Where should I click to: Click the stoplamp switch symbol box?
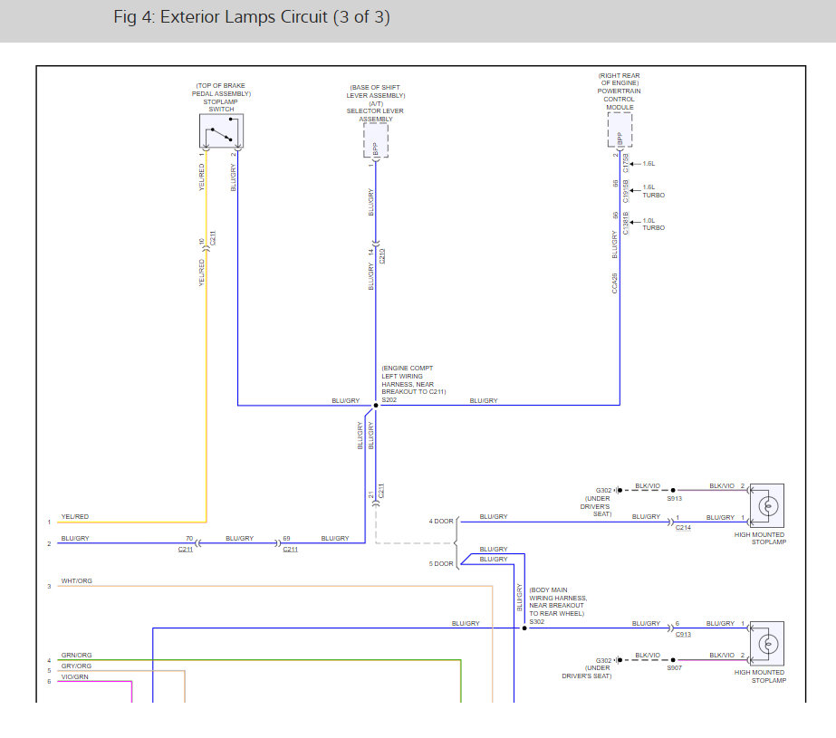coord(221,131)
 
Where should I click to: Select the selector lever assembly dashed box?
coord(376,140)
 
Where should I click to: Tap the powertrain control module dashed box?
coord(620,129)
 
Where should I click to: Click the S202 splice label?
coord(389,399)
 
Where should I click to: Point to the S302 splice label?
coord(537,620)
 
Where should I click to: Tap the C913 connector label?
coord(683,634)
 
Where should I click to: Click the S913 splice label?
coord(675,498)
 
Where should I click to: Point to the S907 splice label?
coord(674,667)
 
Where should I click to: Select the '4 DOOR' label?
coord(441,521)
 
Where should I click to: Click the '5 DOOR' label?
coord(441,563)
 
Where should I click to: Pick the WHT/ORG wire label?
coord(76,580)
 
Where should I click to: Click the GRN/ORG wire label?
coord(76,655)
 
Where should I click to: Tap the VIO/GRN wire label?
coord(75,676)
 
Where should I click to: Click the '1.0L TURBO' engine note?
coord(653,224)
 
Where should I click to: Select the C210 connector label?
coord(382,256)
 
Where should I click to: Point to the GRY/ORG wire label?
coord(76,666)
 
